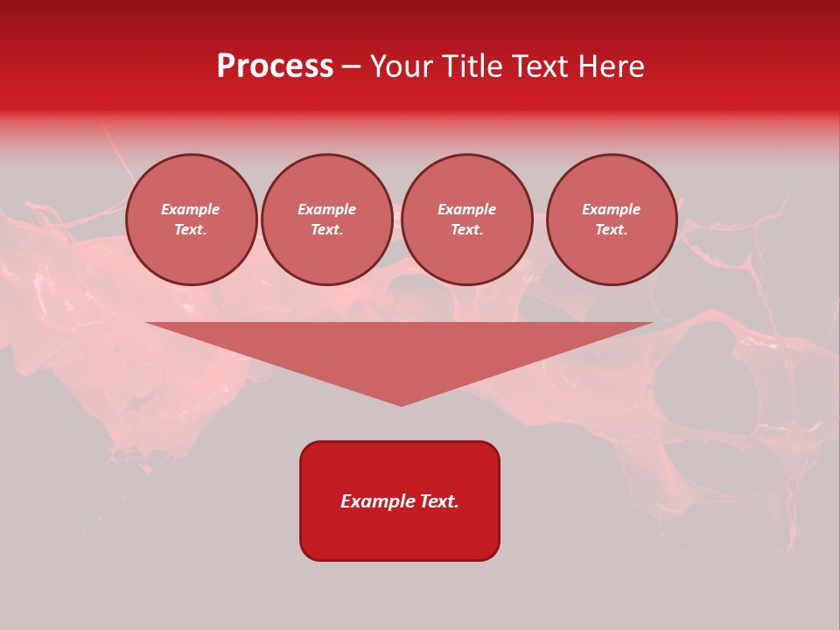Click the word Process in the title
coord(275,66)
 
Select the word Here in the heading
coord(612,66)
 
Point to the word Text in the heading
coord(543,66)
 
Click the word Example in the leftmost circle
coord(191,209)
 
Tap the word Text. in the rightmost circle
coord(611,230)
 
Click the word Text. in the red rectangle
coord(438,501)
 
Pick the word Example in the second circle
coord(326,209)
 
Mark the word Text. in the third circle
coord(466,230)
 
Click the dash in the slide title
coord(351,66)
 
